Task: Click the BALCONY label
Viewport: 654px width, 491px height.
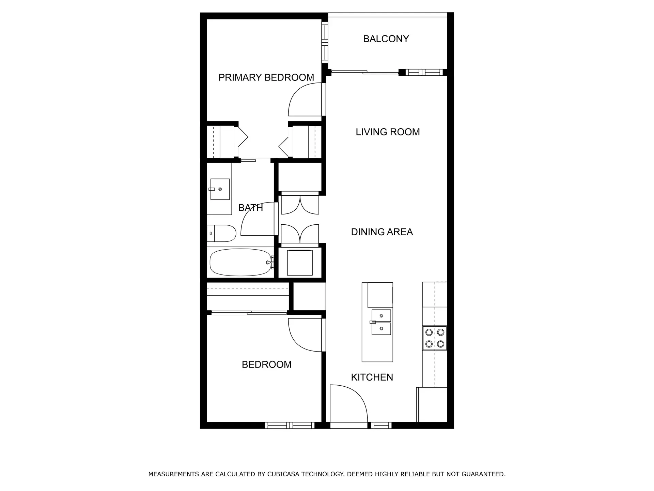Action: pos(386,39)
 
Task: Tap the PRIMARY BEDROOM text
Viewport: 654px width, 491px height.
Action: pos(266,77)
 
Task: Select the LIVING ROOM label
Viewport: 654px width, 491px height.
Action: pos(388,132)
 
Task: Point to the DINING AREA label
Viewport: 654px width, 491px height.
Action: pos(382,232)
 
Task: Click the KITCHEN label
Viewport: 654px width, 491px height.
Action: pos(372,377)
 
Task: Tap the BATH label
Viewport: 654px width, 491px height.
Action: pos(250,208)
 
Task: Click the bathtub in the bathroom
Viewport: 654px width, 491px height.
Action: pos(240,263)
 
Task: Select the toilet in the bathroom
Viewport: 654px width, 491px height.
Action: pos(221,234)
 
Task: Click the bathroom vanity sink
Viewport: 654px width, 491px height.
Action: pos(220,189)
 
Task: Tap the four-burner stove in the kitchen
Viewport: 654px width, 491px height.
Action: pos(435,338)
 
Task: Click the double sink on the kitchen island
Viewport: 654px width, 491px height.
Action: pos(381,322)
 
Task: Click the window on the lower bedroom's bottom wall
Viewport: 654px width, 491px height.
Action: pos(290,425)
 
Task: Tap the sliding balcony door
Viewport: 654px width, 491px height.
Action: pos(364,72)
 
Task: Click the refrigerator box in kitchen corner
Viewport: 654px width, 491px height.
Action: pos(432,404)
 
